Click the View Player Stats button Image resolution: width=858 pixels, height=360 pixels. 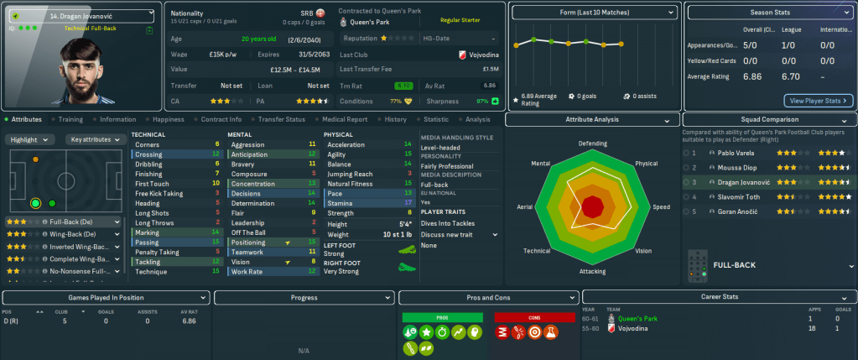[818, 101]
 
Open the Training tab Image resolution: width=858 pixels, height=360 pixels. [70, 120]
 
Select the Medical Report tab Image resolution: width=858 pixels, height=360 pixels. [345, 120]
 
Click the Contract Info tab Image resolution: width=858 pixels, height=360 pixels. [221, 120]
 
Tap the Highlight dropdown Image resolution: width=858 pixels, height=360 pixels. [29, 140]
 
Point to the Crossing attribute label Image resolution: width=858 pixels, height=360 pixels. [149, 154]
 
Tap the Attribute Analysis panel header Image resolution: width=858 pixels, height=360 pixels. [592, 120]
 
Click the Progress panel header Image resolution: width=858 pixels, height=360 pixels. [304, 297]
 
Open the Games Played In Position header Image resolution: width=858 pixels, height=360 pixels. [105, 297]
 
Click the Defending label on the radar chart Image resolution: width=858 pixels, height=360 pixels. [592, 143]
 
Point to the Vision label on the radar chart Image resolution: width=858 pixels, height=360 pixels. [643, 251]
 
